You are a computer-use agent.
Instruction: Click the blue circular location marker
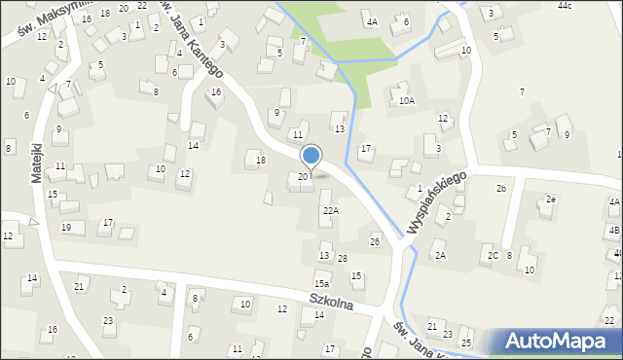pos(311,155)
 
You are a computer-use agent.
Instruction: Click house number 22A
pos(331,210)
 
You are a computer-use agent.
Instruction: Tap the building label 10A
pos(407,100)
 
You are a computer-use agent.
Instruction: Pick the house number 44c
pos(592,6)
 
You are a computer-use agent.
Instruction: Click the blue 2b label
pos(501,188)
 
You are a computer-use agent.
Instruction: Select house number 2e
pos(551,199)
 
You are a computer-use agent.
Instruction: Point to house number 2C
pos(494,255)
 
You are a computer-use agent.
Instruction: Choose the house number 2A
pos(440,255)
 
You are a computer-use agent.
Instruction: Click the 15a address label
pos(320,283)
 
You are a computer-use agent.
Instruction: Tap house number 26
pos(375,240)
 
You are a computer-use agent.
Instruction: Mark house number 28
pos(343,258)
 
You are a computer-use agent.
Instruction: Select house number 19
pos(66,227)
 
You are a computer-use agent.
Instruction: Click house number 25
pos(466,342)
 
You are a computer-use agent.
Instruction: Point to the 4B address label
pos(614,230)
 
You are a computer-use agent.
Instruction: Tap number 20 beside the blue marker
pos(303,176)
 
